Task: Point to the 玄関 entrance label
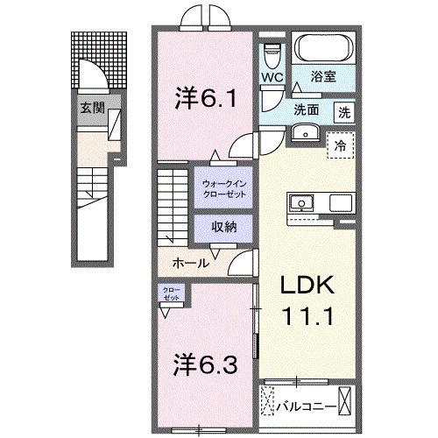coord(93,108)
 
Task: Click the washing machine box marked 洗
coord(345,113)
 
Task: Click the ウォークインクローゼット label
coord(224,187)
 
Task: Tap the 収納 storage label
coord(224,225)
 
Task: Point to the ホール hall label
coord(190,263)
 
